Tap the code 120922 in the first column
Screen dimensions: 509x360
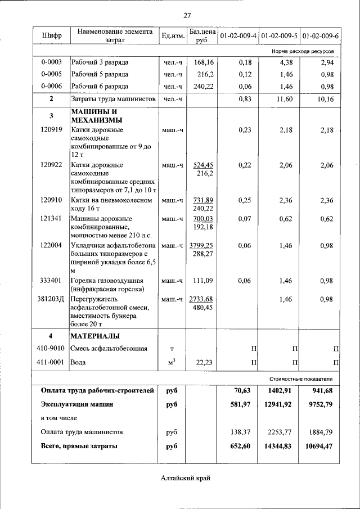(51, 165)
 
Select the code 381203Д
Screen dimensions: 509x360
(51, 299)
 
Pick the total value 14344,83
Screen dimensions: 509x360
(278, 446)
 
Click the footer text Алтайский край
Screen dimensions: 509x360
(186, 479)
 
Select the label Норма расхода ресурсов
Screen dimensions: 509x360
(303, 51)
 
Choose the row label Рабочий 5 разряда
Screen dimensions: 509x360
(100, 74)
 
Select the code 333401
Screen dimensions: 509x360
(51, 281)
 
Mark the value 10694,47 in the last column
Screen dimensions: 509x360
(319, 446)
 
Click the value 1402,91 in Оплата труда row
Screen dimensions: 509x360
(278, 390)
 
